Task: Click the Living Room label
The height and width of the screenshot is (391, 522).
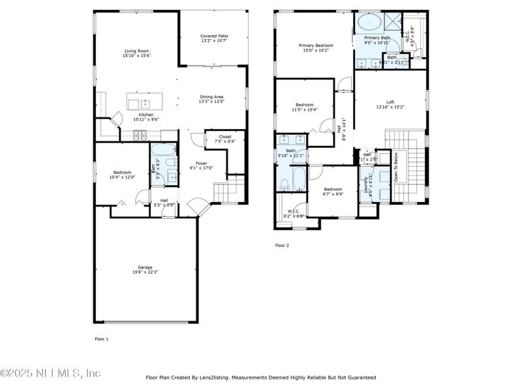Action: pos(136,51)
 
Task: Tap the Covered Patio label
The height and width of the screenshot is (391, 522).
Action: pos(214,36)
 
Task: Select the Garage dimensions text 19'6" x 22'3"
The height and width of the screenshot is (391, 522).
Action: pos(144,272)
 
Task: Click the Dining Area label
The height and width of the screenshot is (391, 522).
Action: pos(211,96)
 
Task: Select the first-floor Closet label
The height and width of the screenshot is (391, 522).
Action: pos(224,137)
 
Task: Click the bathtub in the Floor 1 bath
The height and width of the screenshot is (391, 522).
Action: pos(161,149)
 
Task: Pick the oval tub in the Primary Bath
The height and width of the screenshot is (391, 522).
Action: pos(369,23)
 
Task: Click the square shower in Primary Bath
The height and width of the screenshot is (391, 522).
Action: pos(392,22)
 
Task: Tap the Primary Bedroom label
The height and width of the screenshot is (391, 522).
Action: pos(316,46)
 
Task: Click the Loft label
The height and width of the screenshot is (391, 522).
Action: pos(390,102)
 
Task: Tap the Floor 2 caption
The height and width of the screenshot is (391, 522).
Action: pos(282,246)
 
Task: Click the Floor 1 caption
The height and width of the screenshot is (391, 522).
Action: pos(102,339)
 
